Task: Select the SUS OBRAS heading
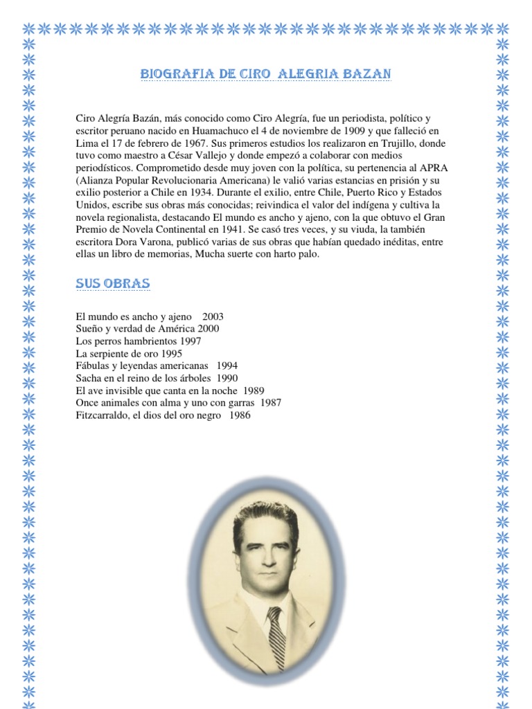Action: (x=112, y=285)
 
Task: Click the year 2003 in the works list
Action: (x=213, y=316)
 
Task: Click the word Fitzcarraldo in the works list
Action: (x=103, y=416)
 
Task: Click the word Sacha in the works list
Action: (x=89, y=379)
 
